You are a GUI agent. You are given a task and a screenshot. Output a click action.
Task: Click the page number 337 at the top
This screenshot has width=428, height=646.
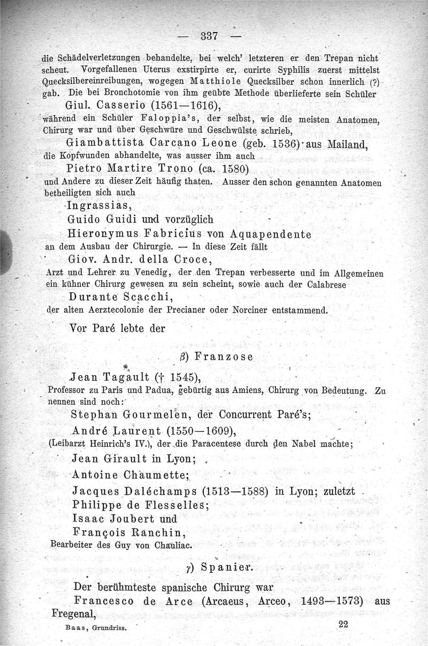pos(208,36)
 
